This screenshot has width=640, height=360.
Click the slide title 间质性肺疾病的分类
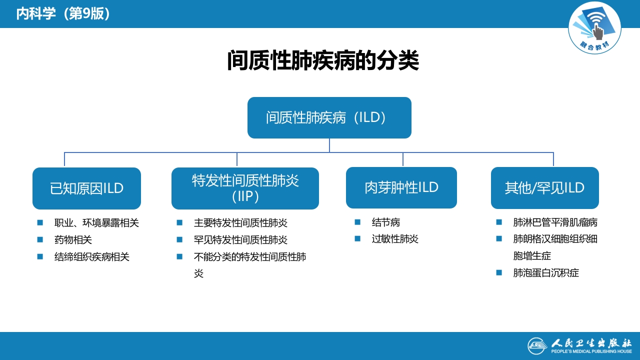(323, 61)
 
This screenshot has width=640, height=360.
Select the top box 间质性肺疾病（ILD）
(329, 117)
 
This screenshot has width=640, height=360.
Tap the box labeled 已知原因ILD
(86, 188)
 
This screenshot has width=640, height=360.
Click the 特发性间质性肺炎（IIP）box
(245, 188)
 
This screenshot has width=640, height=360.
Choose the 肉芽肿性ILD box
(401, 187)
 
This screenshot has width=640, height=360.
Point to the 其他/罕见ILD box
(544, 188)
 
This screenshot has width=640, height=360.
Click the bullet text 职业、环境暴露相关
(96, 223)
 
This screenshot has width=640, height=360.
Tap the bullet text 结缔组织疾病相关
(91, 257)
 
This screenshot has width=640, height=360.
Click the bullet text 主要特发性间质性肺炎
(240, 223)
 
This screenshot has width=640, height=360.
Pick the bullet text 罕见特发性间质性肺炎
(240, 240)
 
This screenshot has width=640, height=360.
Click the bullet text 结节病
(386, 222)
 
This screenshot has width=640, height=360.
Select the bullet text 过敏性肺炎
(395, 239)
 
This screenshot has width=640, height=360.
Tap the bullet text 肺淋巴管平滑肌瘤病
(555, 222)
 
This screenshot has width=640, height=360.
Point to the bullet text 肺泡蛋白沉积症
(546, 273)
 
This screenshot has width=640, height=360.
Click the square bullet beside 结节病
(357, 222)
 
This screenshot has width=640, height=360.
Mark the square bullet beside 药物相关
(40, 239)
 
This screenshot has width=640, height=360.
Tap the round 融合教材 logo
(594, 28)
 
